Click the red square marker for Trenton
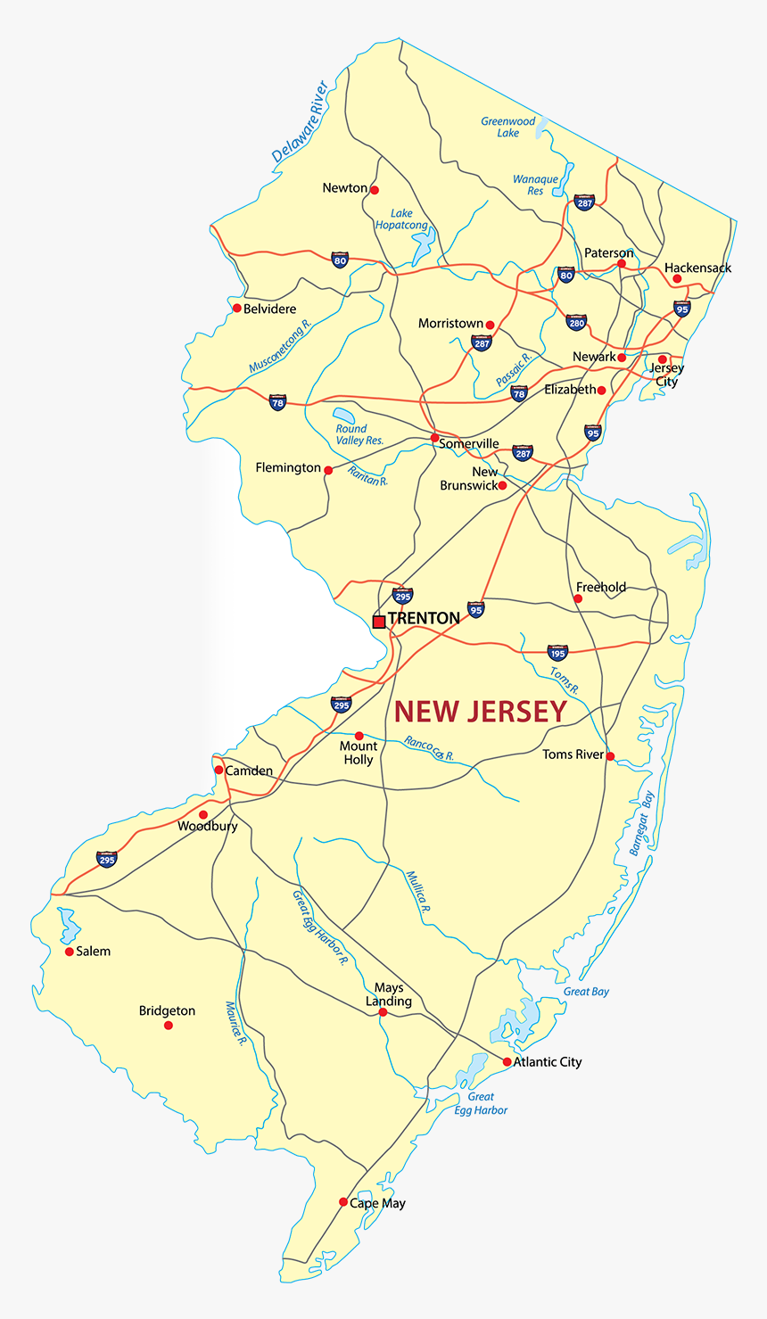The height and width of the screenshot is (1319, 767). [379, 622]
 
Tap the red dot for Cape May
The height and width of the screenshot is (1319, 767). [343, 1202]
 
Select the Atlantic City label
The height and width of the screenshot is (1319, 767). [548, 1062]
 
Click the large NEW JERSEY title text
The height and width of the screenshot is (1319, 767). [481, 711]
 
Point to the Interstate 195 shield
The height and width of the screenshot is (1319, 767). [557, 652]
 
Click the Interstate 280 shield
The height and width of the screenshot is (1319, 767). [577, 321]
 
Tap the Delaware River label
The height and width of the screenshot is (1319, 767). [300, 122]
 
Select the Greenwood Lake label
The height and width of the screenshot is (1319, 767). [508, 127]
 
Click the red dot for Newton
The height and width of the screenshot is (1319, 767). [375, 190]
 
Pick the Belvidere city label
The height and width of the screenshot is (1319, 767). [270, 309]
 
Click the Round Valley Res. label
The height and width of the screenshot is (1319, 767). [359, 434]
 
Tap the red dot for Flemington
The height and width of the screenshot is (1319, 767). [328, 470]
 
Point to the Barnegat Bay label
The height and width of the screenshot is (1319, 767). [641, 823]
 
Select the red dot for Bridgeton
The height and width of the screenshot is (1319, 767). [168, 1026]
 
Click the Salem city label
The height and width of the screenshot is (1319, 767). [94, 952]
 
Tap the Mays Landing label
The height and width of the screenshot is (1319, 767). [389, 994]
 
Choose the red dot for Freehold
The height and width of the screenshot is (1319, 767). [578, 598]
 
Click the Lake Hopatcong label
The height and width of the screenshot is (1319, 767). [401, 219]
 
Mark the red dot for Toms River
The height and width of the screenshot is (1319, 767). [610, 756]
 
